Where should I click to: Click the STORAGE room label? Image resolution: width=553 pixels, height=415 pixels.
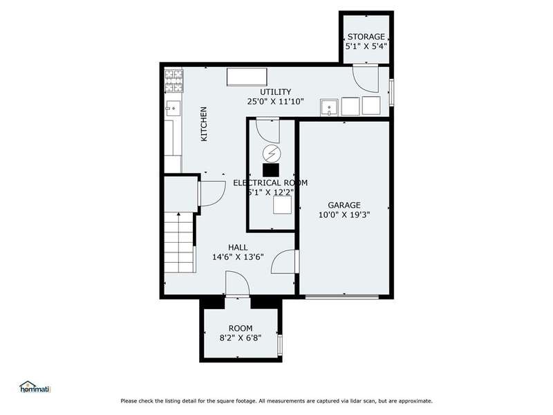(366, 37)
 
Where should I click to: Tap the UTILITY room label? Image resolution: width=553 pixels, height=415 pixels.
(275, 92)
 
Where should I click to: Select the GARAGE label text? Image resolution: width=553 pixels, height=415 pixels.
(344, 205)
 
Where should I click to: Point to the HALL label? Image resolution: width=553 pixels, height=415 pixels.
(238, 248)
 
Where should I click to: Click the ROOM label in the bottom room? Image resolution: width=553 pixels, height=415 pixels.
(241, 329)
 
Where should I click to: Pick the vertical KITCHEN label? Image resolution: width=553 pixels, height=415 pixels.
(204, 124)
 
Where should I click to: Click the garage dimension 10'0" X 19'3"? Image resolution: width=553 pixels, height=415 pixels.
(344, 214)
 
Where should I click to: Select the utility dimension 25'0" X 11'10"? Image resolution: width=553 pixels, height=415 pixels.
(275, 102)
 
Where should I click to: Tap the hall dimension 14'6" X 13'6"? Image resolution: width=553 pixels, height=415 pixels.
(238, 257)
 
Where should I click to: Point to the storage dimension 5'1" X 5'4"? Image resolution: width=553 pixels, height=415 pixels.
(366, 46)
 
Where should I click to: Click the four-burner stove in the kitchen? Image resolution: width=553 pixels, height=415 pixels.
(174, 80)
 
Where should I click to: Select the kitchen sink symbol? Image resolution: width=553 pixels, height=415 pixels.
(174, 109)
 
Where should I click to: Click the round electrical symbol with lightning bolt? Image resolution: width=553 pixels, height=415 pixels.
(272, 154)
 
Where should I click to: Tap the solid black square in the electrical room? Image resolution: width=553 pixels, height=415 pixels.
(271, 169)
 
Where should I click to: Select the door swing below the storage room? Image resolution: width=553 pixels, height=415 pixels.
(366, 79)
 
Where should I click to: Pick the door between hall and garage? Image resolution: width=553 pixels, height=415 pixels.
(285, 261)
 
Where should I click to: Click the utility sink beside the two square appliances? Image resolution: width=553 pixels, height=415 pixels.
(329, 107)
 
